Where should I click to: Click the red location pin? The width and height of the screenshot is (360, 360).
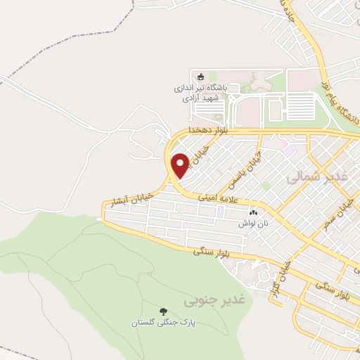180,165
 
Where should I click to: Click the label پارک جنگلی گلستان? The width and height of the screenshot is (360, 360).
162,323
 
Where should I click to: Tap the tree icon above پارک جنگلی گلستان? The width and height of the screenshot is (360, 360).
163,311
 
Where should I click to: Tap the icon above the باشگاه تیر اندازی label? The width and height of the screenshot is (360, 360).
200,77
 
